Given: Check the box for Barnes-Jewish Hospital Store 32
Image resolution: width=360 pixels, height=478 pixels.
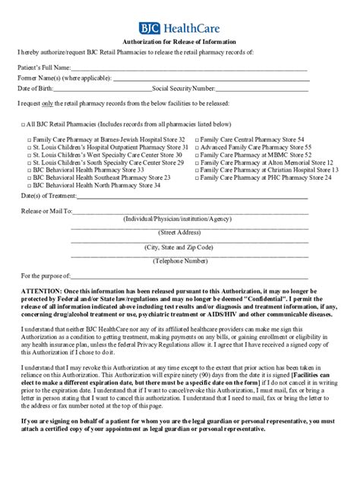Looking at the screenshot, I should [29, 141].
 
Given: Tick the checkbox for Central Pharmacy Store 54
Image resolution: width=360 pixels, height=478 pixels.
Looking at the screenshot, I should [197, 141].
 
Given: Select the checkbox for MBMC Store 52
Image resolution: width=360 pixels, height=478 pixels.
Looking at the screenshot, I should [197, 156].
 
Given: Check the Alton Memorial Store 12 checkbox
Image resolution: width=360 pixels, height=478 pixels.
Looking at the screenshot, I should [197, 163].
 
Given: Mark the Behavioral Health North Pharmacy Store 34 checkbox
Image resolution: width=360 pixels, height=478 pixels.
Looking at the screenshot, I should [29, 185].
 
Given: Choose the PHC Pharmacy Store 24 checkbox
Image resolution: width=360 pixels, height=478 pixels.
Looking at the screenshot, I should [197, 178].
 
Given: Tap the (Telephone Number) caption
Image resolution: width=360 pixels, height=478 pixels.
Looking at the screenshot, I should [179, 261].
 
